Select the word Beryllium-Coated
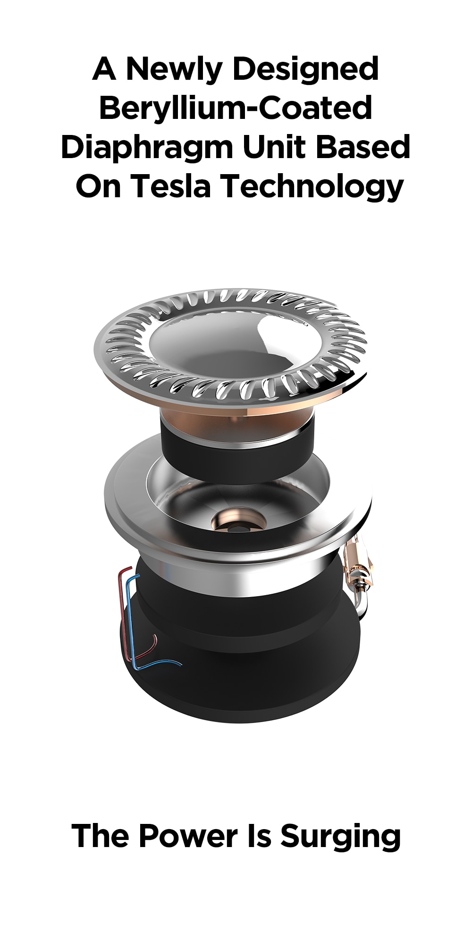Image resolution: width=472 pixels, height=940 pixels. [236, 108]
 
